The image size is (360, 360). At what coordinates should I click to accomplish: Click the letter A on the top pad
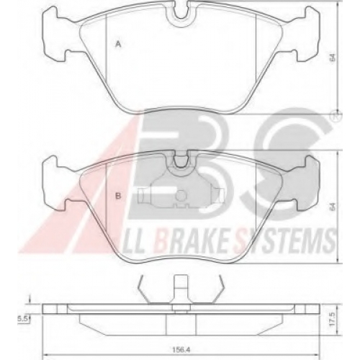point(118,44)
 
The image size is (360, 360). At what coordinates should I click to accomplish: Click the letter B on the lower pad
point(118,196)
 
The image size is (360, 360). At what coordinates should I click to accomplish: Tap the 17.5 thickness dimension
point(333,319)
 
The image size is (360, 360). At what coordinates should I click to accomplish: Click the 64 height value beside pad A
point(333,58)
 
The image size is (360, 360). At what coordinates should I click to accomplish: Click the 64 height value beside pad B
point(333,207)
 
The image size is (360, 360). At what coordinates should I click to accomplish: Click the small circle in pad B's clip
point(181,195)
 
